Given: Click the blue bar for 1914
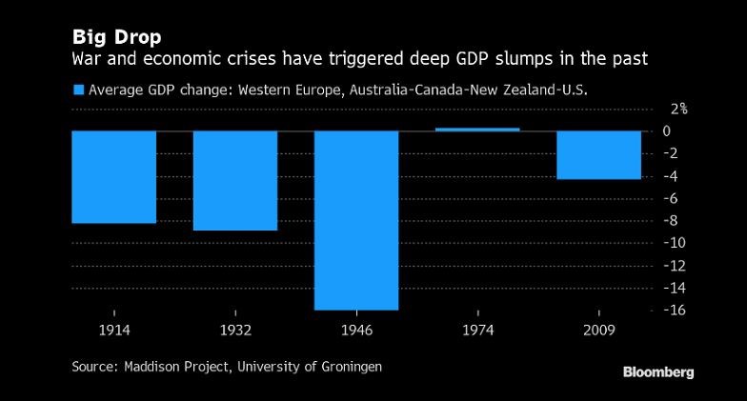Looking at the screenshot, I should [114, 176].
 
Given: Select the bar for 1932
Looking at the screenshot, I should [235, 180].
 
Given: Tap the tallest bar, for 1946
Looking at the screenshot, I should [356, 219].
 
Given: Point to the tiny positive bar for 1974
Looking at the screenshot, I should [477, 129].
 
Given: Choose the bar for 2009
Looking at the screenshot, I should [598, 154].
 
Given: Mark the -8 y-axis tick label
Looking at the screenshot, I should [673, 221].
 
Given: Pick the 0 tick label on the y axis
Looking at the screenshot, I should [668, 131].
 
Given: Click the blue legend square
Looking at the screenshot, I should [78, 90].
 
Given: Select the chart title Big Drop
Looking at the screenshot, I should [116, 37].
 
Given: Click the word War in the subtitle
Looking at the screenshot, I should [88, 59].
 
